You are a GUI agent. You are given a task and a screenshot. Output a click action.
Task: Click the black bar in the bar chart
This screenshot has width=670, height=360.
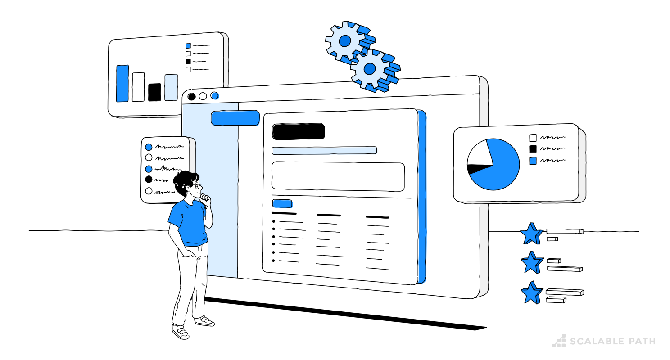(x=154, y=92)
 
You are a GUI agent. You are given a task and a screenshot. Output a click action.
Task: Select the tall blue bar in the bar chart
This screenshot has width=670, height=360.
(x=122, y=83)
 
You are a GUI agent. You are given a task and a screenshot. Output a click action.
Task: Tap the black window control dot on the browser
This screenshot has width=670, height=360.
(x=191, y=96)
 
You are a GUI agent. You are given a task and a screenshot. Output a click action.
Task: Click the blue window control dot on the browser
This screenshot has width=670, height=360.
(x=215, y=95)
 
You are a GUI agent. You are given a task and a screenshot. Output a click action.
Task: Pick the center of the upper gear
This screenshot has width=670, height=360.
(x=345, y=41)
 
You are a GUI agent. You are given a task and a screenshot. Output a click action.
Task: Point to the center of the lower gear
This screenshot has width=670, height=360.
(x=370, y=69)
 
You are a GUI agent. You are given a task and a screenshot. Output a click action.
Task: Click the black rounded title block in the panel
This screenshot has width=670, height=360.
(x=298, y=131)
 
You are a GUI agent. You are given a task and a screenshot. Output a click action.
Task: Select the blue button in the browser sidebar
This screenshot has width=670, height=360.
(x=235, y=118)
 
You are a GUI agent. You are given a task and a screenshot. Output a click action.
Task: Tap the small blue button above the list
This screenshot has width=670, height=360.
(x=282, y=203)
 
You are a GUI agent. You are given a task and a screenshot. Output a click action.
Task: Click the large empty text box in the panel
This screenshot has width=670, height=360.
(x=338, y=176)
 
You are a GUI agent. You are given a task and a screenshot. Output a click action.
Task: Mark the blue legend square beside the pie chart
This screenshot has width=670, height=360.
(x=533, y=161)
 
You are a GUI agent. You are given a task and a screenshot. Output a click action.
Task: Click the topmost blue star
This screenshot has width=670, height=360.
(x=531, y=234)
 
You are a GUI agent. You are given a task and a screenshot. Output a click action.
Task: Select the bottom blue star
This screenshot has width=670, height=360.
(x=531, y=293)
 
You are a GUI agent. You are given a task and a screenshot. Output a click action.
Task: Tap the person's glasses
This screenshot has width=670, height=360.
(x=197, y=185)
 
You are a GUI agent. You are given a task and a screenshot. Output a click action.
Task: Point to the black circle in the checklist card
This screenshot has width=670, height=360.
(x=149, y=179)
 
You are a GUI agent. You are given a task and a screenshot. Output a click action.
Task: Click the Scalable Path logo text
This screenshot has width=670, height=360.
(x=612, y=342)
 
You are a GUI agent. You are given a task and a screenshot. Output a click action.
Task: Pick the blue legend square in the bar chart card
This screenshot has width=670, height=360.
(x=188, y=45)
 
